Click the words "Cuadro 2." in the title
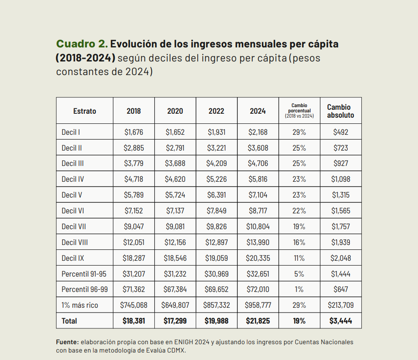coord(81,44)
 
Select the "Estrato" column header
coord(84,111)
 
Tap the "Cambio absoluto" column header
coord(341,111)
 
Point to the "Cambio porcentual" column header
coord(299,111)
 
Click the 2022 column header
coord(216,111)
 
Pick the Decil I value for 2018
coord(134,132)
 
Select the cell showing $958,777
coord(258,305)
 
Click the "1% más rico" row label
coord(80,305)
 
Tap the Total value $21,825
coord(258,321)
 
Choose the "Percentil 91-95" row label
coord(84,274)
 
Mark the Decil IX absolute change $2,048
coord(341,258)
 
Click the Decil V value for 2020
coord(175,195)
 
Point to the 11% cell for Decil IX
coord(299,258)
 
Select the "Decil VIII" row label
coord(75,242)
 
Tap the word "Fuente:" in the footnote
coord(67,342)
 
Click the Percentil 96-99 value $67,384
coord(175,289)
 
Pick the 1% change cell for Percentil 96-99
coord(299,289)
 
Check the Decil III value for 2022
coord(216,163)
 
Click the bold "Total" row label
coord(69,321)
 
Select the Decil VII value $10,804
coord(258,227)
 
